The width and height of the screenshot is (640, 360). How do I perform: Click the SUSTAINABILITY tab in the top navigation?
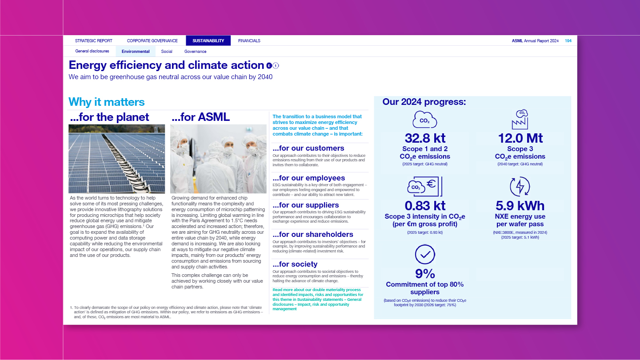point(208,41)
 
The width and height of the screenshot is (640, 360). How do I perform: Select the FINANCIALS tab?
point(249,41)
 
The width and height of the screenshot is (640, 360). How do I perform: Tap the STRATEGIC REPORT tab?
point(94,41)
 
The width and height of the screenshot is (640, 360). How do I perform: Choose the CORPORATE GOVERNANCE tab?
point(152,41)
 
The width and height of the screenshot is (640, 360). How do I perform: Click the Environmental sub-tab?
point(136,52)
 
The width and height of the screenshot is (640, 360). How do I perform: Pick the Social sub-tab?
point(167,52)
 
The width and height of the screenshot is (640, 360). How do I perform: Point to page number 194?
point(568,41)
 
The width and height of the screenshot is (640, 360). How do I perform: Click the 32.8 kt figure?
point(425,138)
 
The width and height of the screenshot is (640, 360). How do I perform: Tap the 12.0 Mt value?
point(520,138)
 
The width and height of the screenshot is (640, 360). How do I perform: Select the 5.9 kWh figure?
point(520,206)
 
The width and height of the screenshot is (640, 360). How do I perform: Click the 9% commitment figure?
point(425,273)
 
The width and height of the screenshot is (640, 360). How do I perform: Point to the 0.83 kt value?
point(425,206)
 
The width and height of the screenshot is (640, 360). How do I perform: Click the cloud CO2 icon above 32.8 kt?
point(425,120)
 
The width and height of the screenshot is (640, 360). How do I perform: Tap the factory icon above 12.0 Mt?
point(520,119)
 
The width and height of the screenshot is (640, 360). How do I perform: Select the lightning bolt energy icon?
point(520,187)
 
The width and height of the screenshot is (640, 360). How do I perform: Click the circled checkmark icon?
point(425,255)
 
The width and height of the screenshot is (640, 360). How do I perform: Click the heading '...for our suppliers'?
point(306,205)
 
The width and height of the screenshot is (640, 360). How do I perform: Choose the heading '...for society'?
point(295,264)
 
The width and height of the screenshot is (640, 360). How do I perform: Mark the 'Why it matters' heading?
point(107,102)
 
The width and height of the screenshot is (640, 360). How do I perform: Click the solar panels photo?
point(116,159)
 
